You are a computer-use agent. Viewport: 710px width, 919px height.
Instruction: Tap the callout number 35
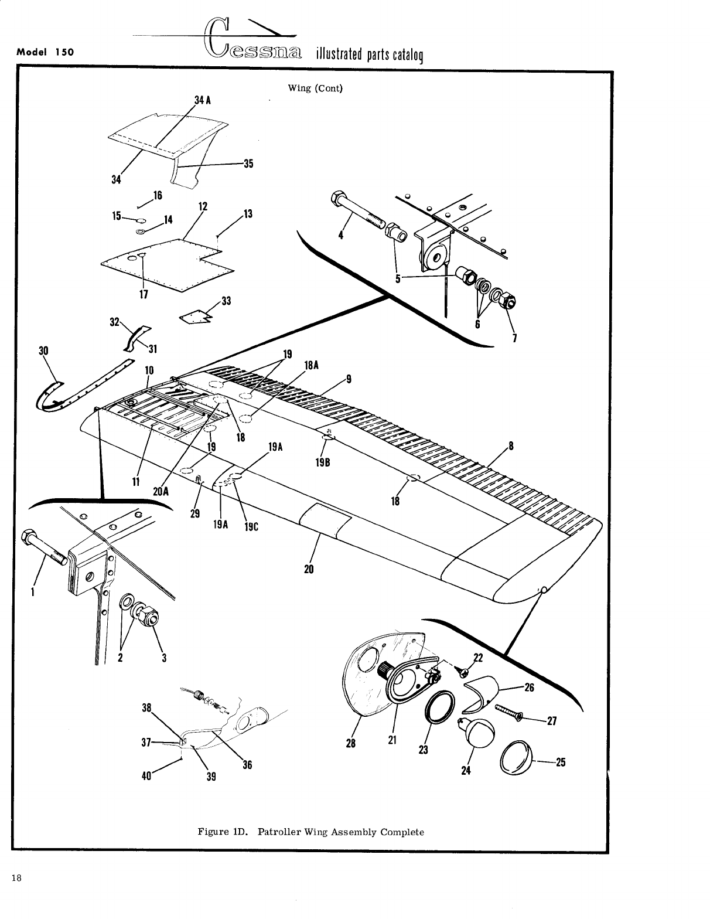click(x=248, y=164)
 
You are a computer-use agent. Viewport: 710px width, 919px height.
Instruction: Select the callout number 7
click(x=514, y=338)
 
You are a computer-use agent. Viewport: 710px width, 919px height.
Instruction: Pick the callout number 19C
click(x=251, y=526)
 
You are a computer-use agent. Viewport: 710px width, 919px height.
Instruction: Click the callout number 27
click(x=551, y=721)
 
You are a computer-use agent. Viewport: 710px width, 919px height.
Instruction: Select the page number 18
click(x=16, y=878)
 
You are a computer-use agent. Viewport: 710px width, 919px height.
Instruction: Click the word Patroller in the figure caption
click(x=279, y=832)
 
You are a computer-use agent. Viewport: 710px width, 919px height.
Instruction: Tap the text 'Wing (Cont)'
click(x=315, y=89)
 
